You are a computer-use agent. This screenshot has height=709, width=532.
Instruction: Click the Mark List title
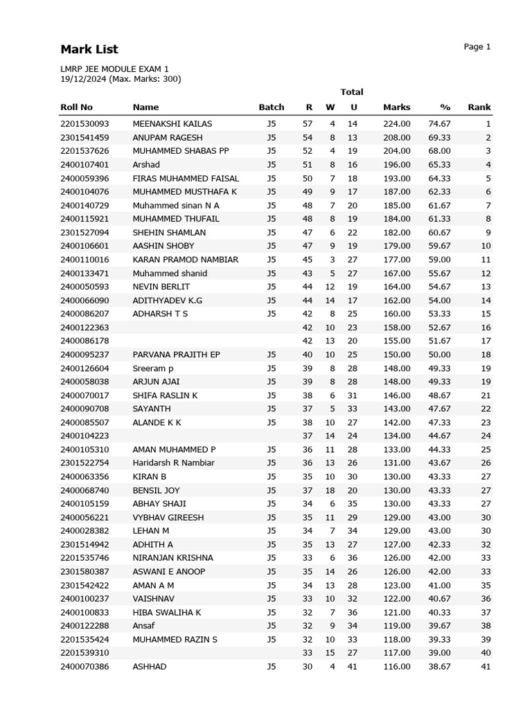[89, 49]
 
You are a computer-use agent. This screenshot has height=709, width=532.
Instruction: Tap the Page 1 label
[477, 47]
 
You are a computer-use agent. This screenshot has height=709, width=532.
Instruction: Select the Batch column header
[272, 107]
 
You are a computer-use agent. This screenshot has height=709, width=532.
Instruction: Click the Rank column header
[479, 107]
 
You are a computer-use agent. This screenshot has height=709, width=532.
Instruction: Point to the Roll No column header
[76, 107]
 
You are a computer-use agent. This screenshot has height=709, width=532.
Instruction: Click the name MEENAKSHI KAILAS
[172, 124]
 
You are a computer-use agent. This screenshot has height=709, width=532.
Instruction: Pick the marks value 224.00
[397, 124]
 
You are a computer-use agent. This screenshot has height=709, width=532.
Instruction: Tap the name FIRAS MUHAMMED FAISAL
[186, 178]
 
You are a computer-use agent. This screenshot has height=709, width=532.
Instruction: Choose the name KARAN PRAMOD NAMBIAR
[185, 260]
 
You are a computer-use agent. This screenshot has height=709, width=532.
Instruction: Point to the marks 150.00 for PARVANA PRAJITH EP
[397, 354]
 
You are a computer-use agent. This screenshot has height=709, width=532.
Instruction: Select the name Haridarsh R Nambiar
[173, 463]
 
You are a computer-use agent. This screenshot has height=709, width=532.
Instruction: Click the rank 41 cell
[485, 667]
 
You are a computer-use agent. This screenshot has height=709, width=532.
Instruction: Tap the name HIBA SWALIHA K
[167, 612]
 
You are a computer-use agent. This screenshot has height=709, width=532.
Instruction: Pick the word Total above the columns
[352, 92]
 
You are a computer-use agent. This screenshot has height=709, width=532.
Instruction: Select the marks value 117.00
[397, 653]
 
